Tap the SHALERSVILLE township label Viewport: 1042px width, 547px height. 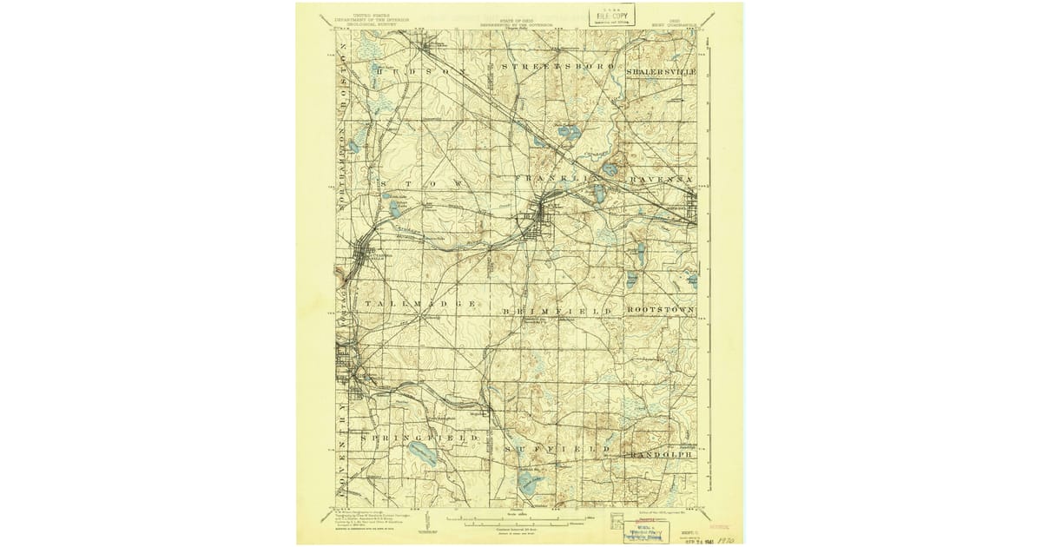click(x=663, y=67)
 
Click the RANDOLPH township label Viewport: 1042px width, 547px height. click(x=661, y=452)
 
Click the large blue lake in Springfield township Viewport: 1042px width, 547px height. click(x=423, y=452)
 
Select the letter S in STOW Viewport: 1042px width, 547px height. click(x=382, y=184)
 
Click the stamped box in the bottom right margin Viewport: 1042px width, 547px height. click(x=646, y=531)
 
